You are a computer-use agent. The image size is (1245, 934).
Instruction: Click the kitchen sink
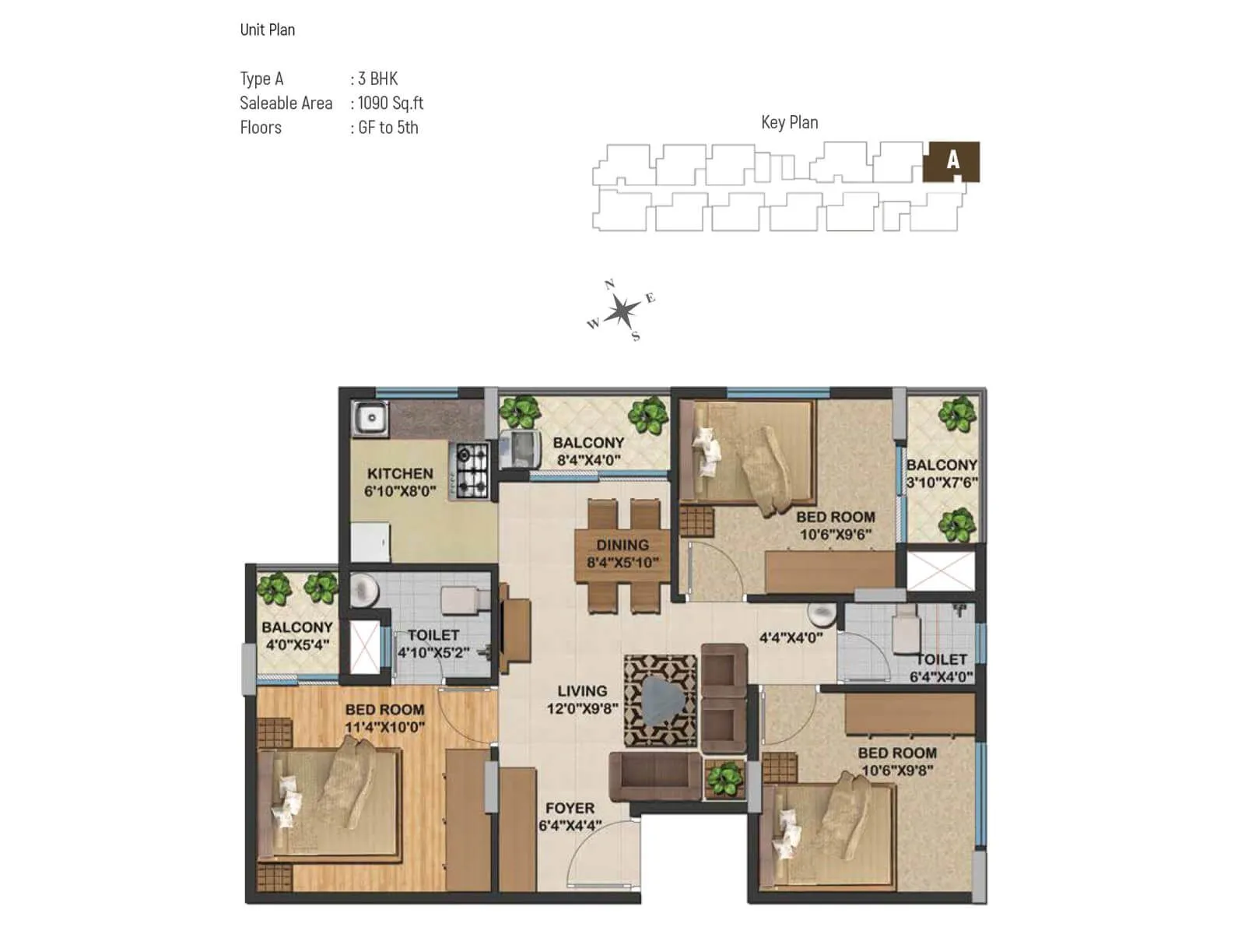370,419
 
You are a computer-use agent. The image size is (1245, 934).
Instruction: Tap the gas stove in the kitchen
472,470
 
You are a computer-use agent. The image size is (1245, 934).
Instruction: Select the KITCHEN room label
400,473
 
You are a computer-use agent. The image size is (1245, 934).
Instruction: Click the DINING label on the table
622,545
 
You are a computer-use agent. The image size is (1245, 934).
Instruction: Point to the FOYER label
570,808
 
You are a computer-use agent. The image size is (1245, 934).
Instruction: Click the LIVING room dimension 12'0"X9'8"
582,708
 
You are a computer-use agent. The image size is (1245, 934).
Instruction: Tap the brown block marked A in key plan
951,161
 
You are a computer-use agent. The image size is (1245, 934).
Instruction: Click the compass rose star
621,311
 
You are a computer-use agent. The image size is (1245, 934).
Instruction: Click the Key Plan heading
789,122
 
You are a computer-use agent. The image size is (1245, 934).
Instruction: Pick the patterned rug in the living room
660,700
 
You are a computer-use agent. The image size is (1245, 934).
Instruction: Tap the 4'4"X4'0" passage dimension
791,638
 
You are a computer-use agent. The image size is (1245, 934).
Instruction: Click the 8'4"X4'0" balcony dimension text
588,460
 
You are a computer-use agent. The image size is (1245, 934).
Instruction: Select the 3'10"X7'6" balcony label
942,483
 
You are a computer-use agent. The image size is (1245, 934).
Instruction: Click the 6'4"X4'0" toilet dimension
942,677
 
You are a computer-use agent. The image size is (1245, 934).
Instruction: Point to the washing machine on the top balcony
520,449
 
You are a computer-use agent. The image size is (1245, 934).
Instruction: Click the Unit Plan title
267,30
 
